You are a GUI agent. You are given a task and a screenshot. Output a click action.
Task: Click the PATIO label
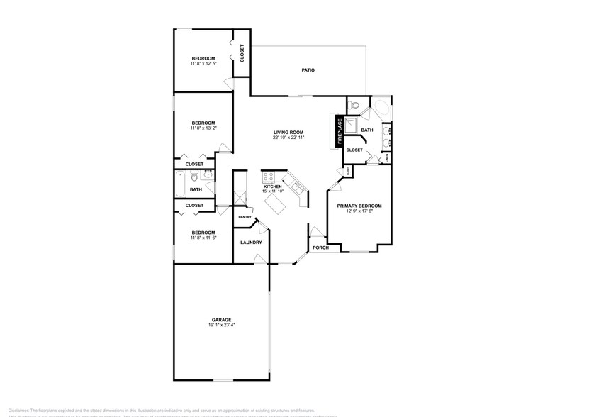308,70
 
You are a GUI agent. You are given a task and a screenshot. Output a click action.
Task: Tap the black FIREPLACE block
340,132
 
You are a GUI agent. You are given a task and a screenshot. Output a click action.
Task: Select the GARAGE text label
220,320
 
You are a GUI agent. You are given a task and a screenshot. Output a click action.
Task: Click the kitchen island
276,206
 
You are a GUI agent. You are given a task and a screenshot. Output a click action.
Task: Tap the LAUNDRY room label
251,243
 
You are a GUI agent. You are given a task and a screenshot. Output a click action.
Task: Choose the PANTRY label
245,217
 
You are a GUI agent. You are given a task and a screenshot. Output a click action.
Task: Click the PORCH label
321,248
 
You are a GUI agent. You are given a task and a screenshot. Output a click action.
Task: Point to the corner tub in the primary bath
383,111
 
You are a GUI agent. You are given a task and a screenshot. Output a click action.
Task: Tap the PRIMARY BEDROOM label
359,206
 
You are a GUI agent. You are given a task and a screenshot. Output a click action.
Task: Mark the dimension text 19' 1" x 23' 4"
220,325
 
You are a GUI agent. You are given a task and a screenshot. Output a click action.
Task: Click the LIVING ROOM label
288,133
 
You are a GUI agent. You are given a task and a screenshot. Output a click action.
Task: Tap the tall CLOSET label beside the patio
242,53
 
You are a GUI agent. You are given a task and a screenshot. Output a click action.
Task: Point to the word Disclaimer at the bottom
16,410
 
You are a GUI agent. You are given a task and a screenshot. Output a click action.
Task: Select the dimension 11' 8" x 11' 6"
203,238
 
